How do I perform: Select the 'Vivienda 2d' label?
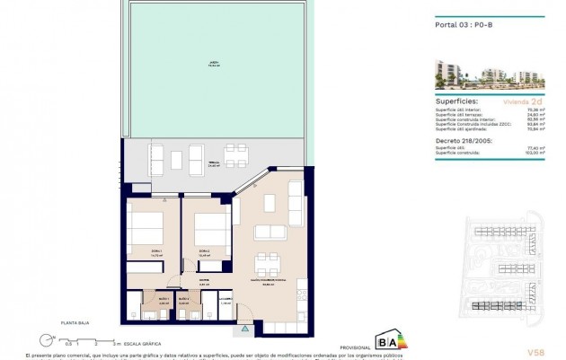521,102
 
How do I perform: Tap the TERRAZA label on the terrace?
213,165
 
